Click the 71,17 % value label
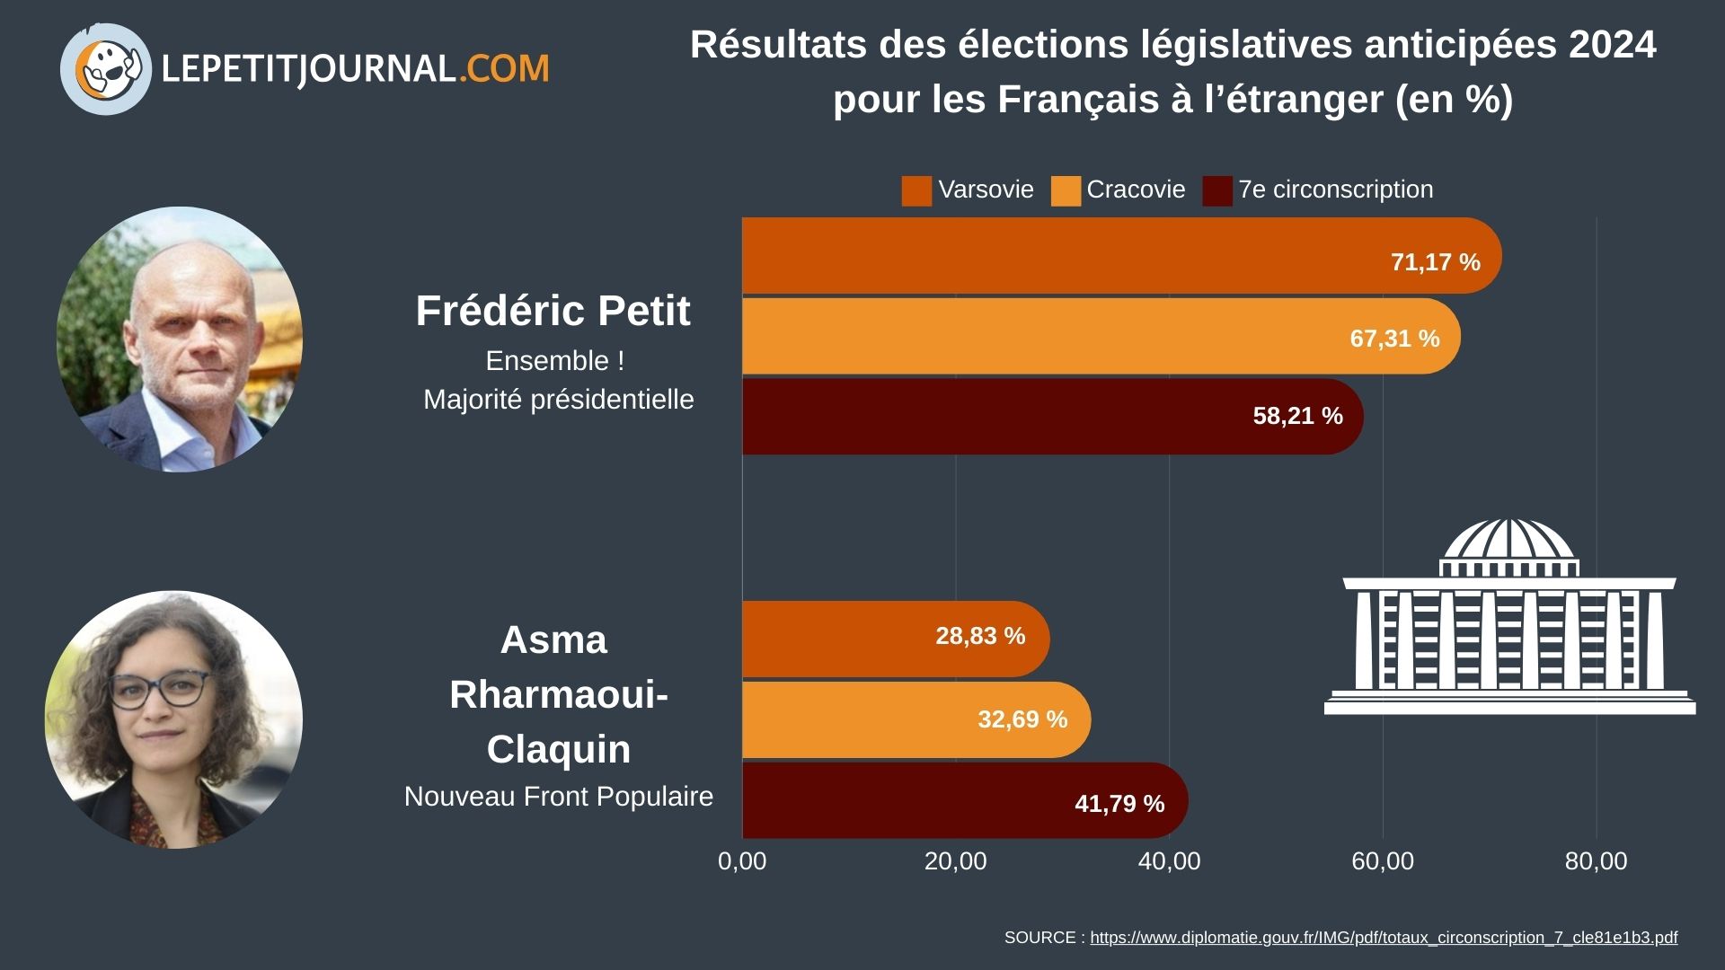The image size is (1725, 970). click(x=1435, y=262)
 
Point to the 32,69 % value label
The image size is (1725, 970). click(x=1022, y=719)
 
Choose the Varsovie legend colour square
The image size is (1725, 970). click(x=916, y=190)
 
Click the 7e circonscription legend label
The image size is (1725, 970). click(x=1335, y=190)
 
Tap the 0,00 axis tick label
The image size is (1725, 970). click(x=742, y=860)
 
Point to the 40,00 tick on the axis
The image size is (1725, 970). click(x=1169, y=860)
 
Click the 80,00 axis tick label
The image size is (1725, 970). click(x=1596, y=860)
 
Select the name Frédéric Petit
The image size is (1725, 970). click(x=553, y=312)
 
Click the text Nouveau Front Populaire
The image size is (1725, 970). click(x=558, y=797)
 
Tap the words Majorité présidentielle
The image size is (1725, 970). click(x=558, y=400)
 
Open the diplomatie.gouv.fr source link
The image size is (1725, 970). click(x=1383, y=938)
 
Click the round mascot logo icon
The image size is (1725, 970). click(x=106, y=69)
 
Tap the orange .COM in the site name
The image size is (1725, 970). click(x=504, y=69)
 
